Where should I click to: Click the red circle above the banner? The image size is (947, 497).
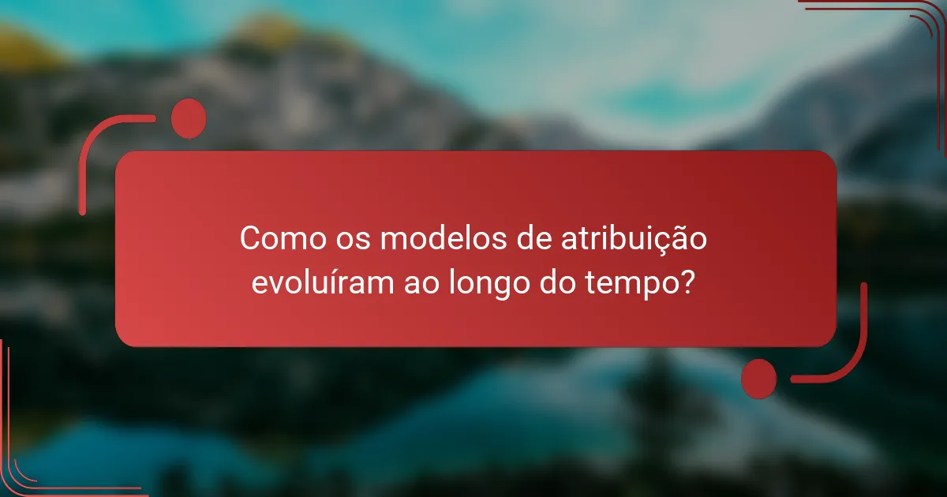189,119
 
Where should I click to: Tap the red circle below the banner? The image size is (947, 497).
759,378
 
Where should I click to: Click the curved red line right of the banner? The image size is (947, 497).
862,339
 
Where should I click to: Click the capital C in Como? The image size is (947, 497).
250,239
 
